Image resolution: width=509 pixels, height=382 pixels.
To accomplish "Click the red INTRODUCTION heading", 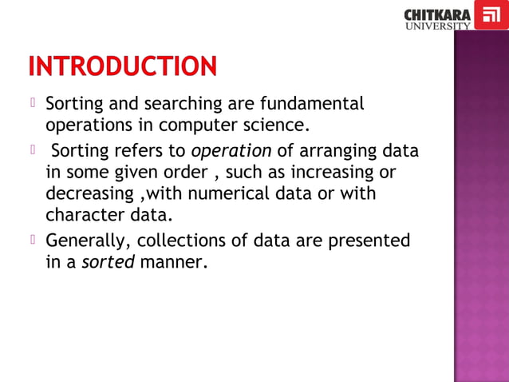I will pyautogui.click(x=122, y=66).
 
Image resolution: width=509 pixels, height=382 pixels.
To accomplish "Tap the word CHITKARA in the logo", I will pyautogui.click(x=437, y=14).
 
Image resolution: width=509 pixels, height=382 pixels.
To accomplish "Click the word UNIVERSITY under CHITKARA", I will pyautogui.click(x=437, y=26).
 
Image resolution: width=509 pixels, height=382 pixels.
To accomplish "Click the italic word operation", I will pyautogui.click(x=232, y=151).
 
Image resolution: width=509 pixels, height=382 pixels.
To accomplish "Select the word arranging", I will pyautogui.click(x=335, y=151).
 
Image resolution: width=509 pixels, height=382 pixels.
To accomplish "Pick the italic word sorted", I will pyautogui.click(x=108, y=262).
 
